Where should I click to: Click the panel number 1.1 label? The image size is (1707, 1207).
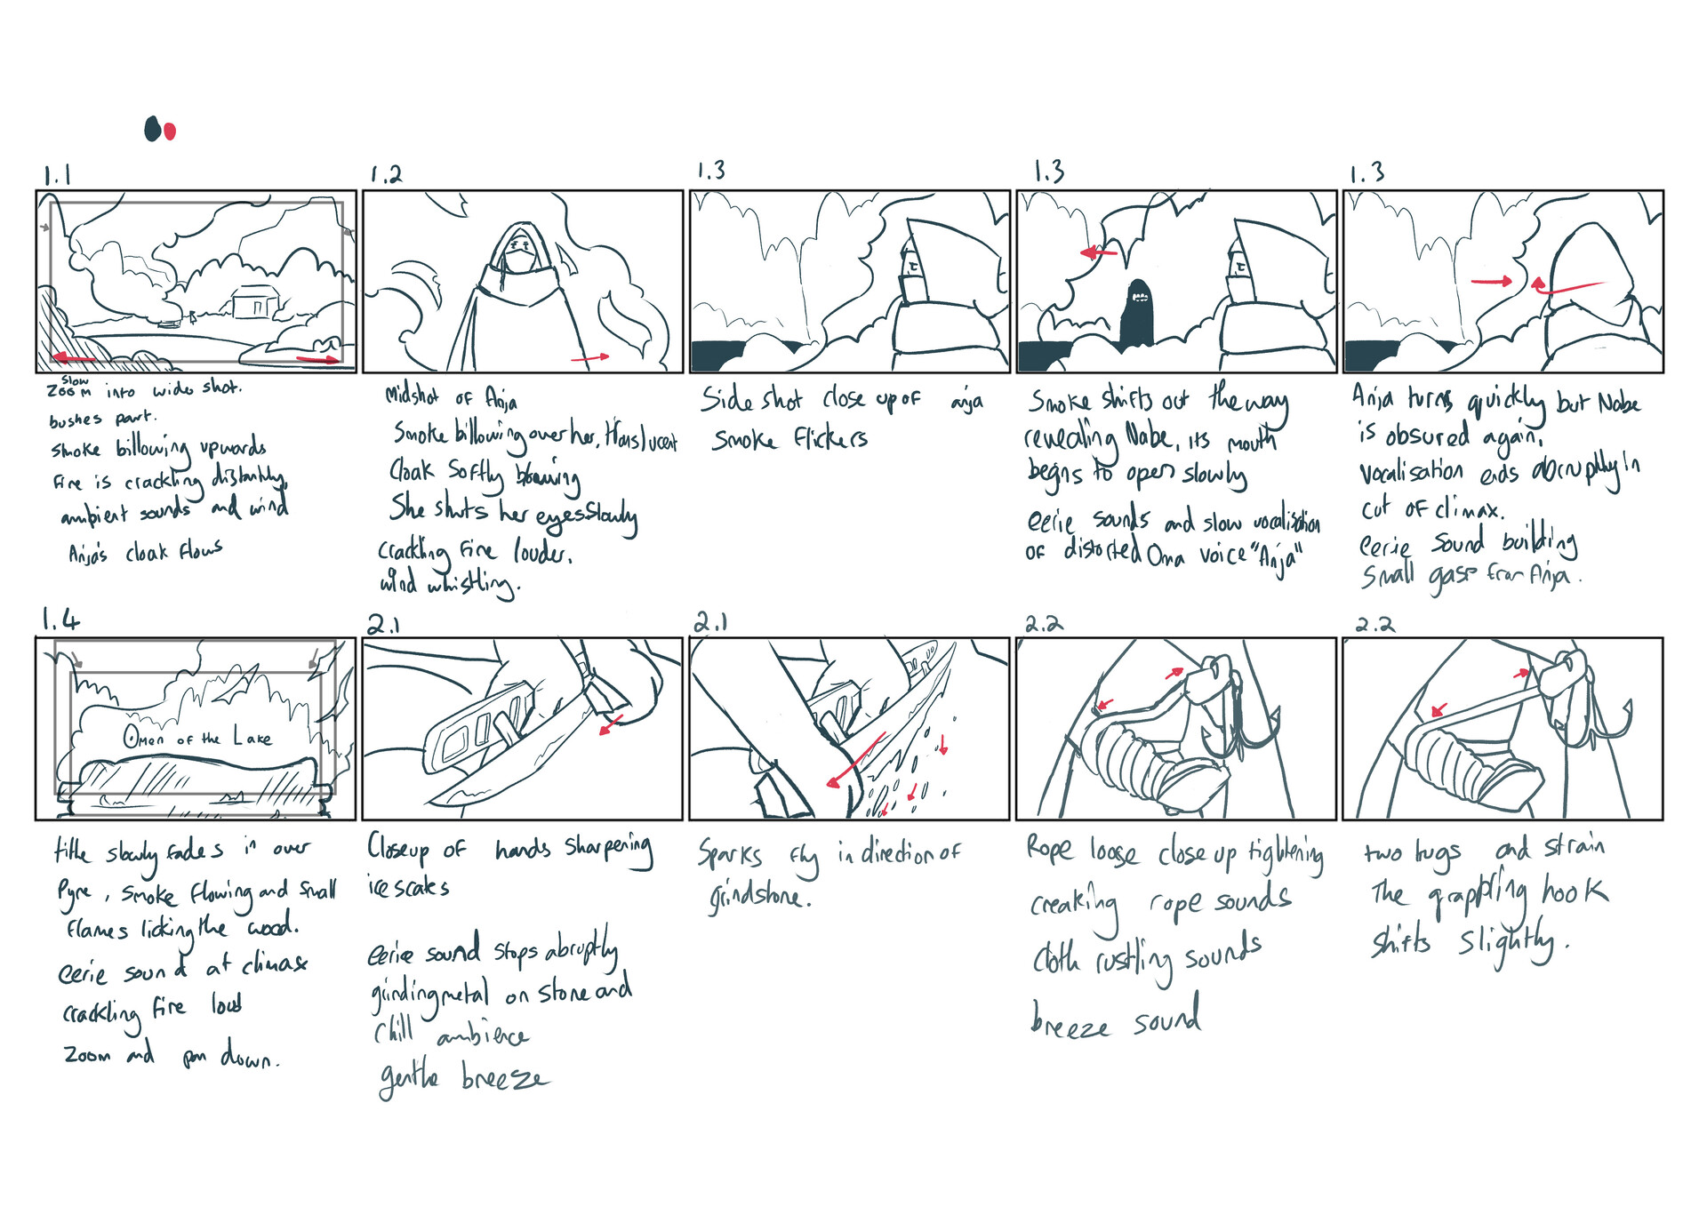57,175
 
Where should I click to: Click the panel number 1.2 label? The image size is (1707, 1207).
386,174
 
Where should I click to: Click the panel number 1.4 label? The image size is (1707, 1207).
60,619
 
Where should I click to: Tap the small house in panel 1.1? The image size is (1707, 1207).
255,302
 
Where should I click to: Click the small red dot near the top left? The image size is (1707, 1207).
171,132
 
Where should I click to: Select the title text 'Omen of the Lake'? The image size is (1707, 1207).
197,738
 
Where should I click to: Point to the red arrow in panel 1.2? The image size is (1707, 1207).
590,357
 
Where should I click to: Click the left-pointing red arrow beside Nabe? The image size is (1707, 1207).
1099,253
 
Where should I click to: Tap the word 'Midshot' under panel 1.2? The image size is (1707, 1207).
412,396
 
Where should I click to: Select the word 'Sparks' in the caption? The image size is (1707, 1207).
730,855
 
